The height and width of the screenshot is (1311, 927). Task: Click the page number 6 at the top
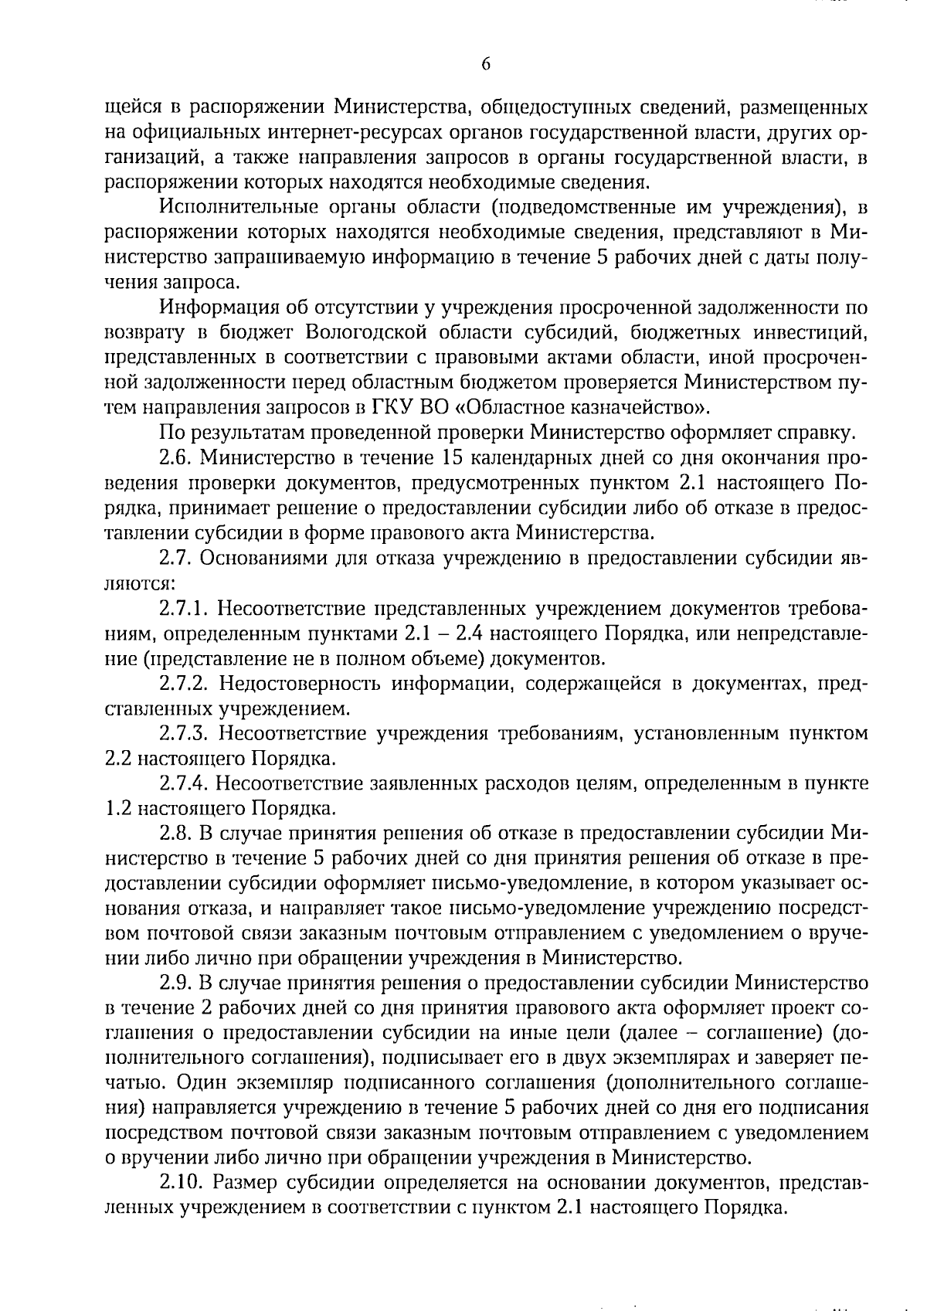(486, 65)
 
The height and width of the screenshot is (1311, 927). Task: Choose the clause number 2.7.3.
(185, 733)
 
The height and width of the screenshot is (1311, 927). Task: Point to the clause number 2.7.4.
(185, 783)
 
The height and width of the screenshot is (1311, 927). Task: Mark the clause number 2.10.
(182, 1184)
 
